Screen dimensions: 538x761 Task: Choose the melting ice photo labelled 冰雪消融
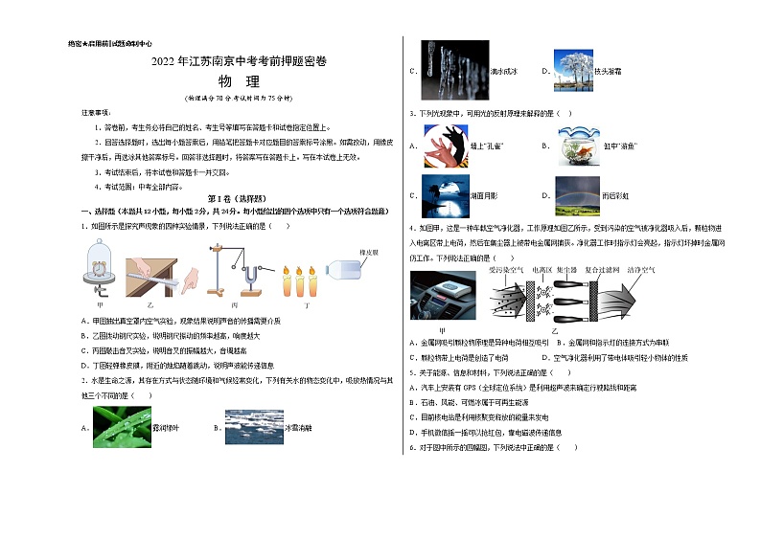[x=254, y=427]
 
